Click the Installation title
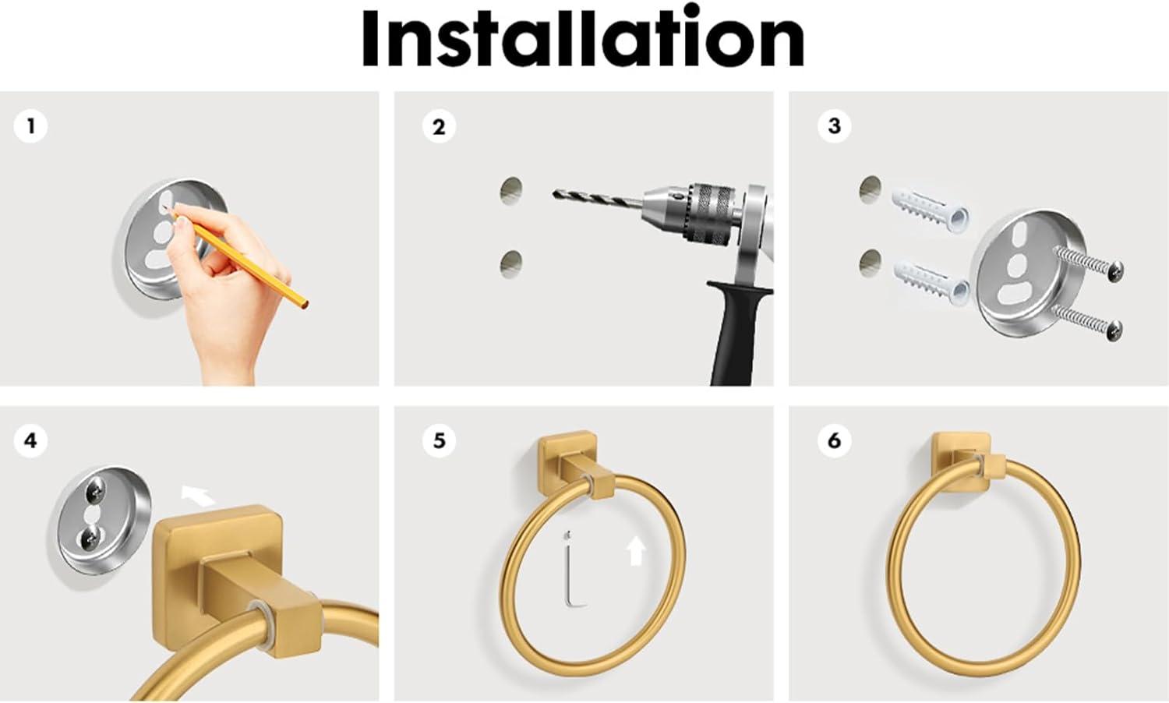[x=583, y=39]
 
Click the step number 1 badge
[x=31, y=125]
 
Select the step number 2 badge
[x=439, y=126]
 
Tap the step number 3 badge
[x=834, y=125]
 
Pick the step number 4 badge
[x=30, y=440]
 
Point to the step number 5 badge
[x=439, y=440]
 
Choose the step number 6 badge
[x=834, y=440]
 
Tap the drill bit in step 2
[x=596, y=200]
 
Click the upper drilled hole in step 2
[x=511, y=190]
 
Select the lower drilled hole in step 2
[x=511, y=263]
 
